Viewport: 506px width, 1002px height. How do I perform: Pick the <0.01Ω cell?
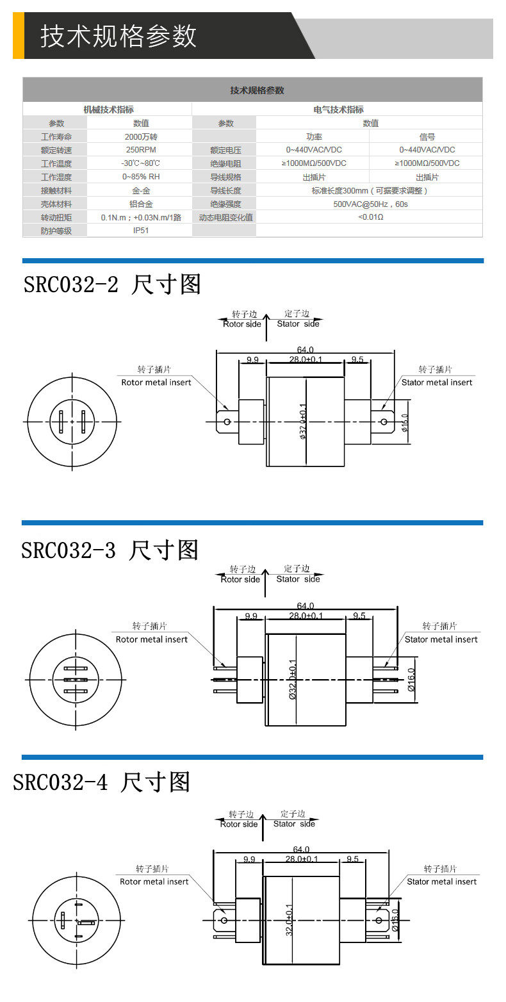[370, 217]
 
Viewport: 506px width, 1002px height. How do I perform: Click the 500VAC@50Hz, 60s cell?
[370, 204]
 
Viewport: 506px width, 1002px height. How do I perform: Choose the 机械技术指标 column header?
[108, 110]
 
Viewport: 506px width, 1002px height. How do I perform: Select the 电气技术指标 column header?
[338, 110]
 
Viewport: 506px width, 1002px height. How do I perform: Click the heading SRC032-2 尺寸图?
[112, 284]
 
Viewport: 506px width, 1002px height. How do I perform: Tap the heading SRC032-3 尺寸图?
[110, 550]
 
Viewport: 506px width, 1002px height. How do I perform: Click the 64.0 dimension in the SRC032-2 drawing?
[306, 350]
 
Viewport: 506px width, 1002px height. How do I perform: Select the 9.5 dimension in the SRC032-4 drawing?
[352, 859]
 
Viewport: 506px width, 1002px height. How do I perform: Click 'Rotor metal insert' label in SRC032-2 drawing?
[156, 382]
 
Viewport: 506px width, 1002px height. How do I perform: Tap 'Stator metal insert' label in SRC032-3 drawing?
[441, 639]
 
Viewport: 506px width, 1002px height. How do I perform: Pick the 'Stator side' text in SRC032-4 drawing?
[295, 824]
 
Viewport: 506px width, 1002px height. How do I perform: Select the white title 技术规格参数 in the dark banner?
[118, 36]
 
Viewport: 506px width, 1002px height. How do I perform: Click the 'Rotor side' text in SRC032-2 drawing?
[242, 324]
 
